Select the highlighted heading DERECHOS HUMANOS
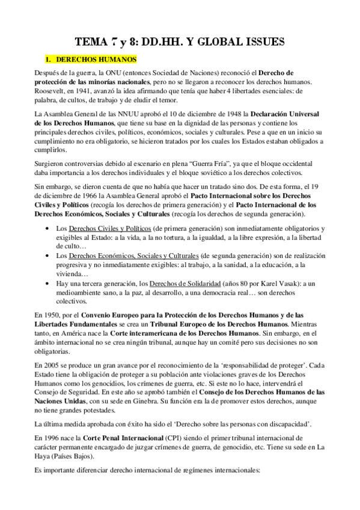91,60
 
